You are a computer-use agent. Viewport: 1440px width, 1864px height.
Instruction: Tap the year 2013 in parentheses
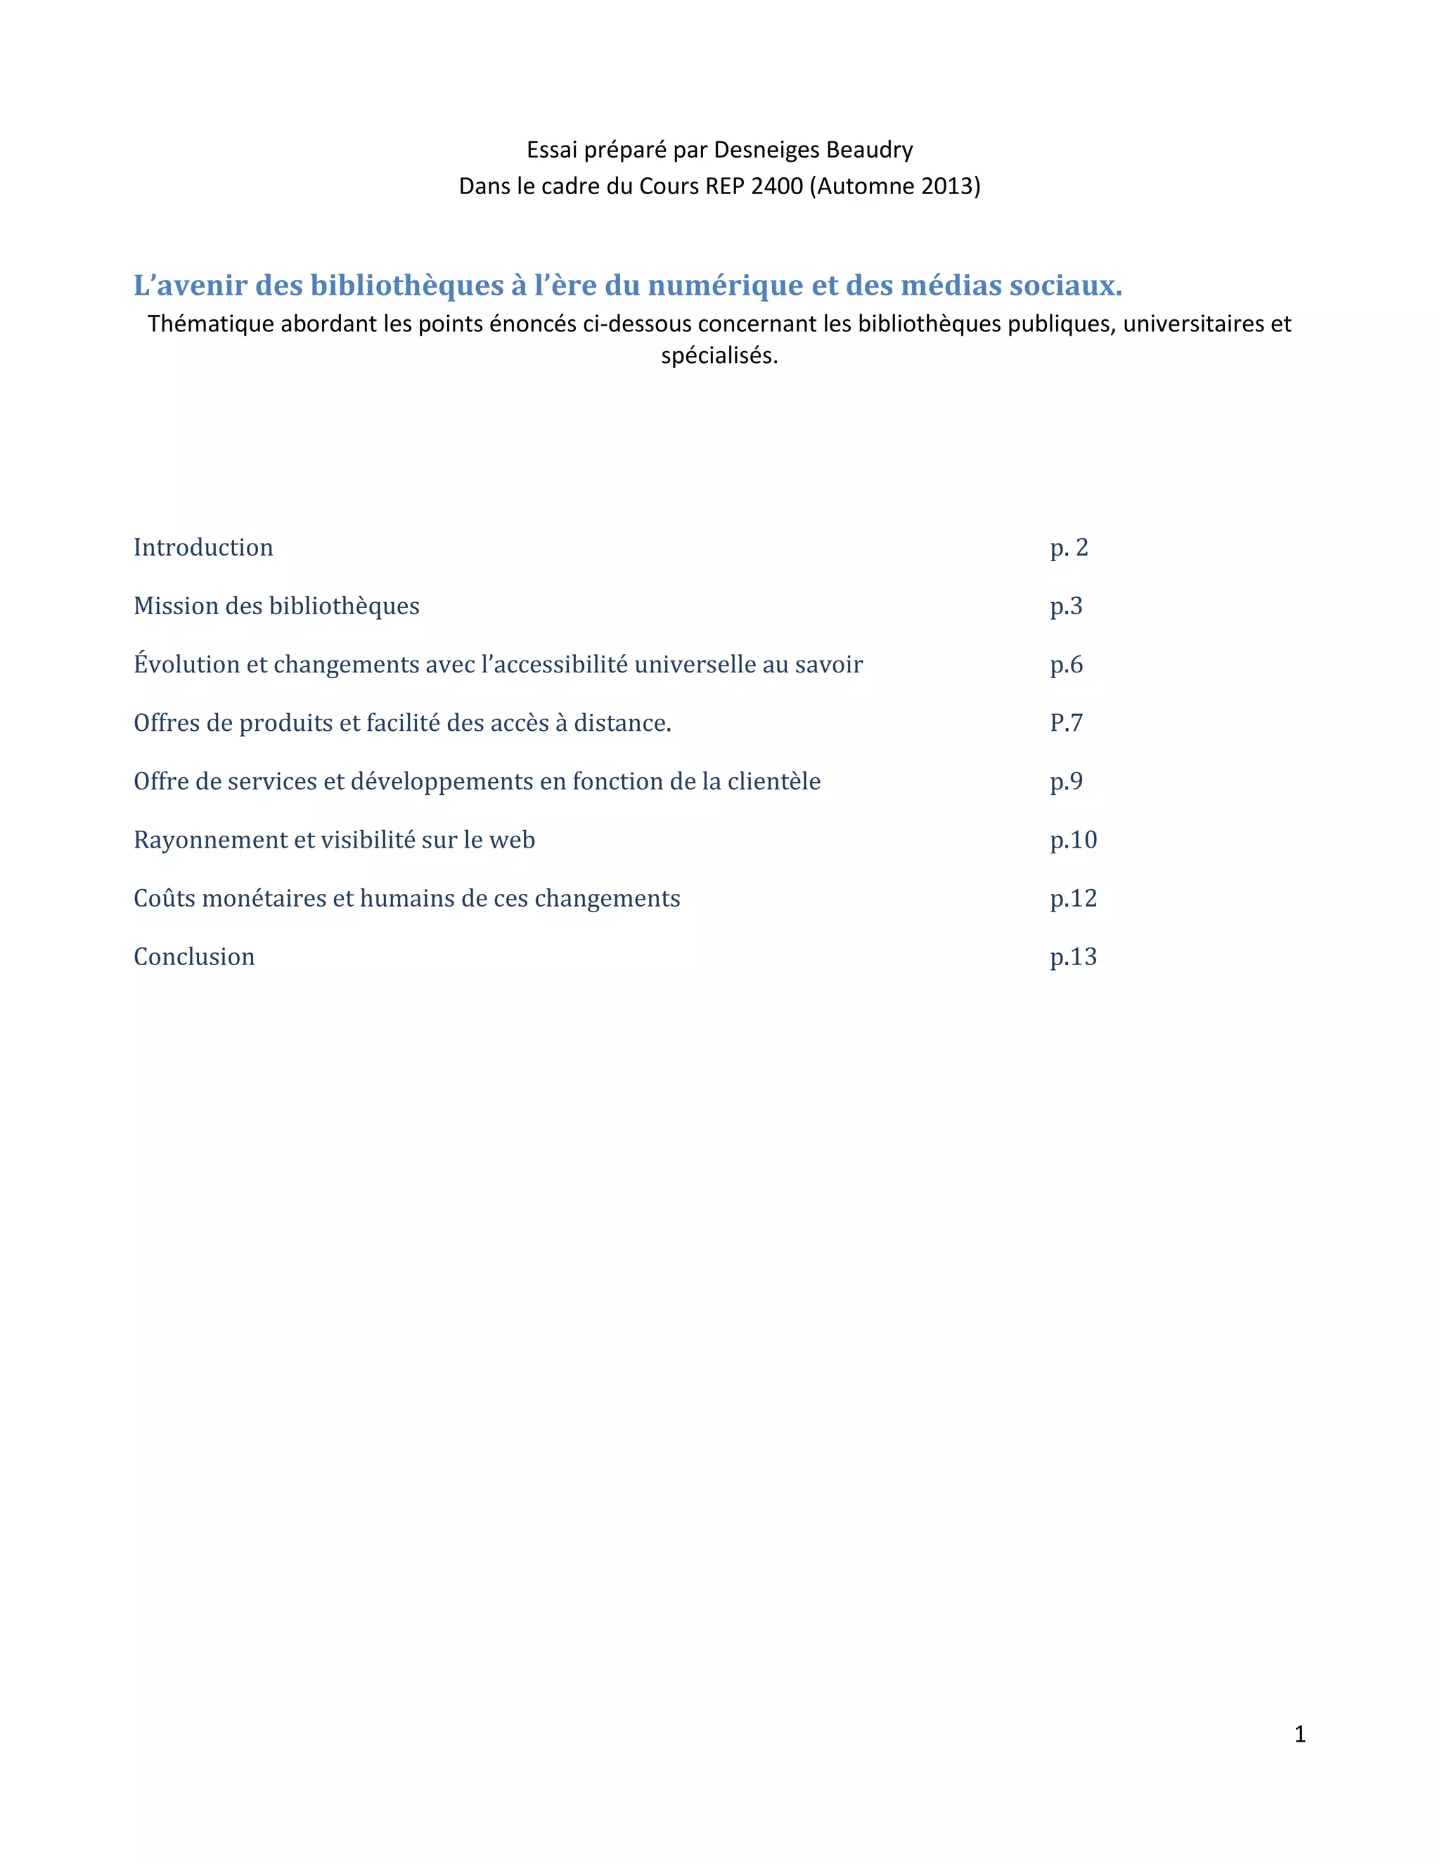(x=947, y=186)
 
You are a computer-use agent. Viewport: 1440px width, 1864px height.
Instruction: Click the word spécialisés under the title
(x=719, y=355)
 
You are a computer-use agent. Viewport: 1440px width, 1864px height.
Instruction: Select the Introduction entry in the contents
(x=203, y=547)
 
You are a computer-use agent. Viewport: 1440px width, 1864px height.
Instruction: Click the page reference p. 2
(x=1069, y=547)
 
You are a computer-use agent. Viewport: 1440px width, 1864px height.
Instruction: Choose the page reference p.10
(x=1073, y=840)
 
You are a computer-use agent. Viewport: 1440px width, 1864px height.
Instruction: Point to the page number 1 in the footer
(x=1300, y=1735)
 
